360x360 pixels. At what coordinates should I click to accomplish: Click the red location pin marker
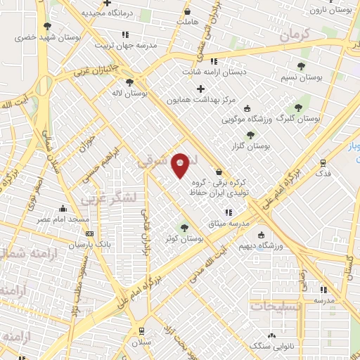click(x=181, y=165)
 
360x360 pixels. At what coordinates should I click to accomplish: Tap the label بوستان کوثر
click(x=181, y=240)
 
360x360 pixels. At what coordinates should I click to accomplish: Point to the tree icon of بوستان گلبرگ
click(x=299, y=108)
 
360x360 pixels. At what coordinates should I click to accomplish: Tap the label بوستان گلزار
click(x=251, y=146)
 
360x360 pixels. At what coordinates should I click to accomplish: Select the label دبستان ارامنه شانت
click(x=213, y=72)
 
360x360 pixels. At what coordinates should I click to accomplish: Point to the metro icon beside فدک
click(x=323, y=161)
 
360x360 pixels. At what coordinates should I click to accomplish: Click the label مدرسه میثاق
click(x=224, y=223)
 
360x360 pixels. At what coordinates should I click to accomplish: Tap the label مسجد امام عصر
click(x=64, y=220)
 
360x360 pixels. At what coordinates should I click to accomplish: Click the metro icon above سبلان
click(x=141, y=330)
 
